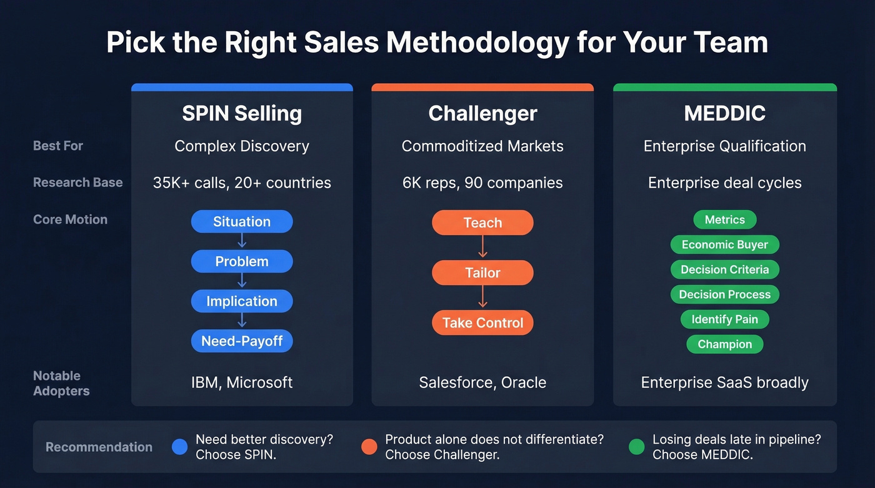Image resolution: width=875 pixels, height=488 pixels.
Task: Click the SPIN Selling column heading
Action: click(242, 114)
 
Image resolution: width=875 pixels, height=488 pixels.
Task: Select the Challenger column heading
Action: click(482, 114)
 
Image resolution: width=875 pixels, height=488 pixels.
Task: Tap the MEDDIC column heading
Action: click(724, 114)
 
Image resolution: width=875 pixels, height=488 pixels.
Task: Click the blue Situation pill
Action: click(242, 222)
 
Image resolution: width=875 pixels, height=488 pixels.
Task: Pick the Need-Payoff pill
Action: click(242, 341)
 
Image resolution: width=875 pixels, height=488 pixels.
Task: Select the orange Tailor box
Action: click(482, 273)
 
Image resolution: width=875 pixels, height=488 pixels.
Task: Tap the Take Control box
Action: click(482, 323)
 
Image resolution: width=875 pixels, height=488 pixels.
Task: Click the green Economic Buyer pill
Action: click(724, 245)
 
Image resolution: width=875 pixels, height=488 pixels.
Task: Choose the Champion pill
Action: click(724, 344)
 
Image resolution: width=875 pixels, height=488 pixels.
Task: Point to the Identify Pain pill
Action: click(724, 319)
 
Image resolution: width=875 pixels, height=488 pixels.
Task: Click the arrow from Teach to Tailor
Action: click(482, 247)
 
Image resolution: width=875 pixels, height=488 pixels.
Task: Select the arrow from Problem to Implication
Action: click(242, 281)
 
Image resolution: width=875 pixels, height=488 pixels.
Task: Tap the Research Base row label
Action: click(78, 182)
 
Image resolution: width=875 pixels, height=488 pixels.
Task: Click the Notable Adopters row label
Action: click(61, 383)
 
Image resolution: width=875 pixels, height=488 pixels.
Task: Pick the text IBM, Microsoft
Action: click(242, 382)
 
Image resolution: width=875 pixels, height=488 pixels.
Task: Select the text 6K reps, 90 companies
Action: click(482, 183)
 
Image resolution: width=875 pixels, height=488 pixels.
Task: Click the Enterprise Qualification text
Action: click(724, 146)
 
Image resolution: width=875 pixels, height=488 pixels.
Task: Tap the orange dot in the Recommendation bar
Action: click(369, 447)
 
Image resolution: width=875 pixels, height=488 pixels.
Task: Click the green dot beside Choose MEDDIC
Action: click(636, 447)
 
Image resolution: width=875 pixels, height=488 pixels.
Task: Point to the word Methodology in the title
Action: click(477, 43)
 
